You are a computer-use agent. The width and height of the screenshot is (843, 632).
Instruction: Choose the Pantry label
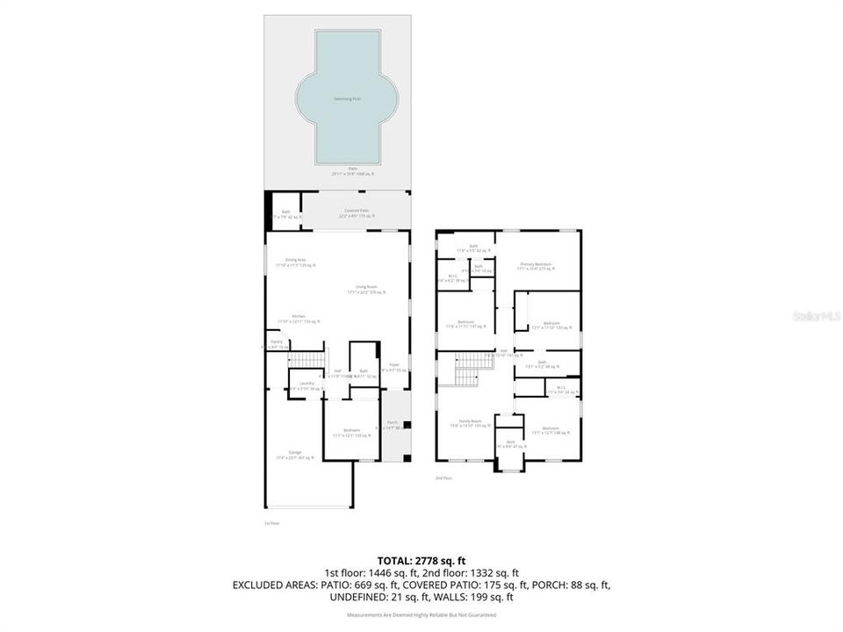(276, 341)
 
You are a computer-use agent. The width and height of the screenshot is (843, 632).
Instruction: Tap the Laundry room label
(306, 383)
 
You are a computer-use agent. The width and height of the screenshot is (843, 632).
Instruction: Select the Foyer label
(395, 364)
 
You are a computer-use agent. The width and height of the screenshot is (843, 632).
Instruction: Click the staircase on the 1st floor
(306, 359)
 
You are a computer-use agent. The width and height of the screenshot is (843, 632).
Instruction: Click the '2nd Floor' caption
(443, 478)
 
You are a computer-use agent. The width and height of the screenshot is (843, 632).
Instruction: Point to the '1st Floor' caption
(271, 523)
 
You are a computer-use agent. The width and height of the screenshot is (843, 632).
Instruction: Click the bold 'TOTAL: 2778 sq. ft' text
(421, 559)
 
